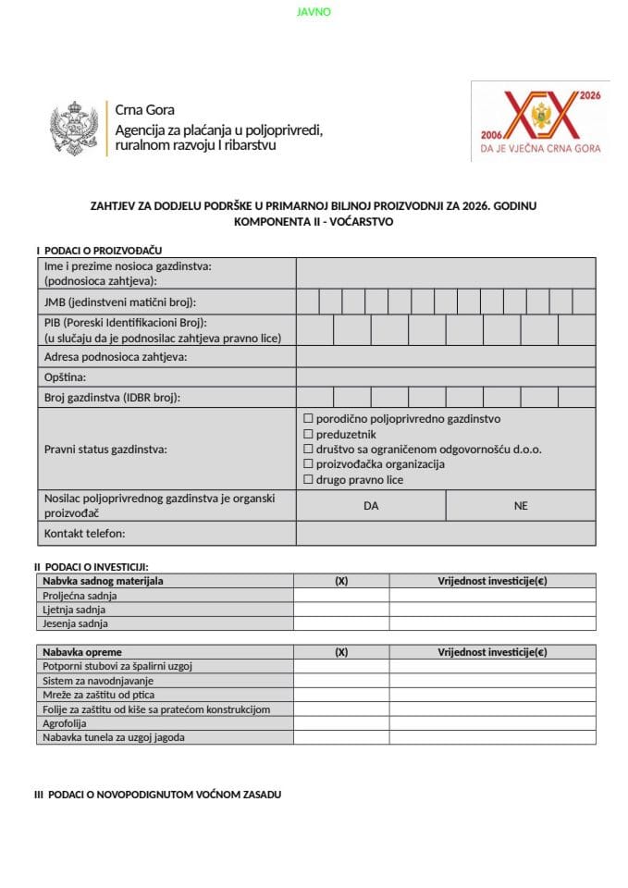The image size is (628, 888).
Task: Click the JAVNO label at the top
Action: click(x=314, y=12)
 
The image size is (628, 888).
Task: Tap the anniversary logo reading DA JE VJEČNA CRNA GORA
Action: click(x=540, y=121)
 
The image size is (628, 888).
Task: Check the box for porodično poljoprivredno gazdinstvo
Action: click(x=309, y=419)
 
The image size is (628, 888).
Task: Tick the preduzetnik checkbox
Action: click(x=309, y=434)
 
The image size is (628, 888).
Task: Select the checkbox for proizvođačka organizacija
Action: click(x=309, y=464)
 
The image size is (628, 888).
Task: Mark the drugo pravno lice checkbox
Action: click(x=309, y=479)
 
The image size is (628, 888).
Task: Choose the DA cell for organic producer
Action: click(x=371, y=506)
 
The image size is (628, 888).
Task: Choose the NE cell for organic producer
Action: click(x=521, y=506)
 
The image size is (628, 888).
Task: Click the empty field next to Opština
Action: click(x=445, y=377)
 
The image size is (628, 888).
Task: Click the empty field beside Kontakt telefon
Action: click(x=445, y=534)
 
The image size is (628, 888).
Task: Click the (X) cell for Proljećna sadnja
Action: click(x=340, y=596)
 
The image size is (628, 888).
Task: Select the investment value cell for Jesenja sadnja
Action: click(x=492, y=623)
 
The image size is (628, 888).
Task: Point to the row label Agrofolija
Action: click(x=67, y=723)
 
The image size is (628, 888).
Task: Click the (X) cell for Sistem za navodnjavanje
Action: click(x=340, y=681)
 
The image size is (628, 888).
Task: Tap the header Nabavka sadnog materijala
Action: click(x=103, y=581)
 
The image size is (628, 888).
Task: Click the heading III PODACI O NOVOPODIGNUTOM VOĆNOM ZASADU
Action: click(x=157, y=795)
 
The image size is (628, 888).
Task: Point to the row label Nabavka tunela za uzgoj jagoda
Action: click(x=114, y=737)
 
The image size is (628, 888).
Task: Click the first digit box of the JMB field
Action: click(x=308, y=302)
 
